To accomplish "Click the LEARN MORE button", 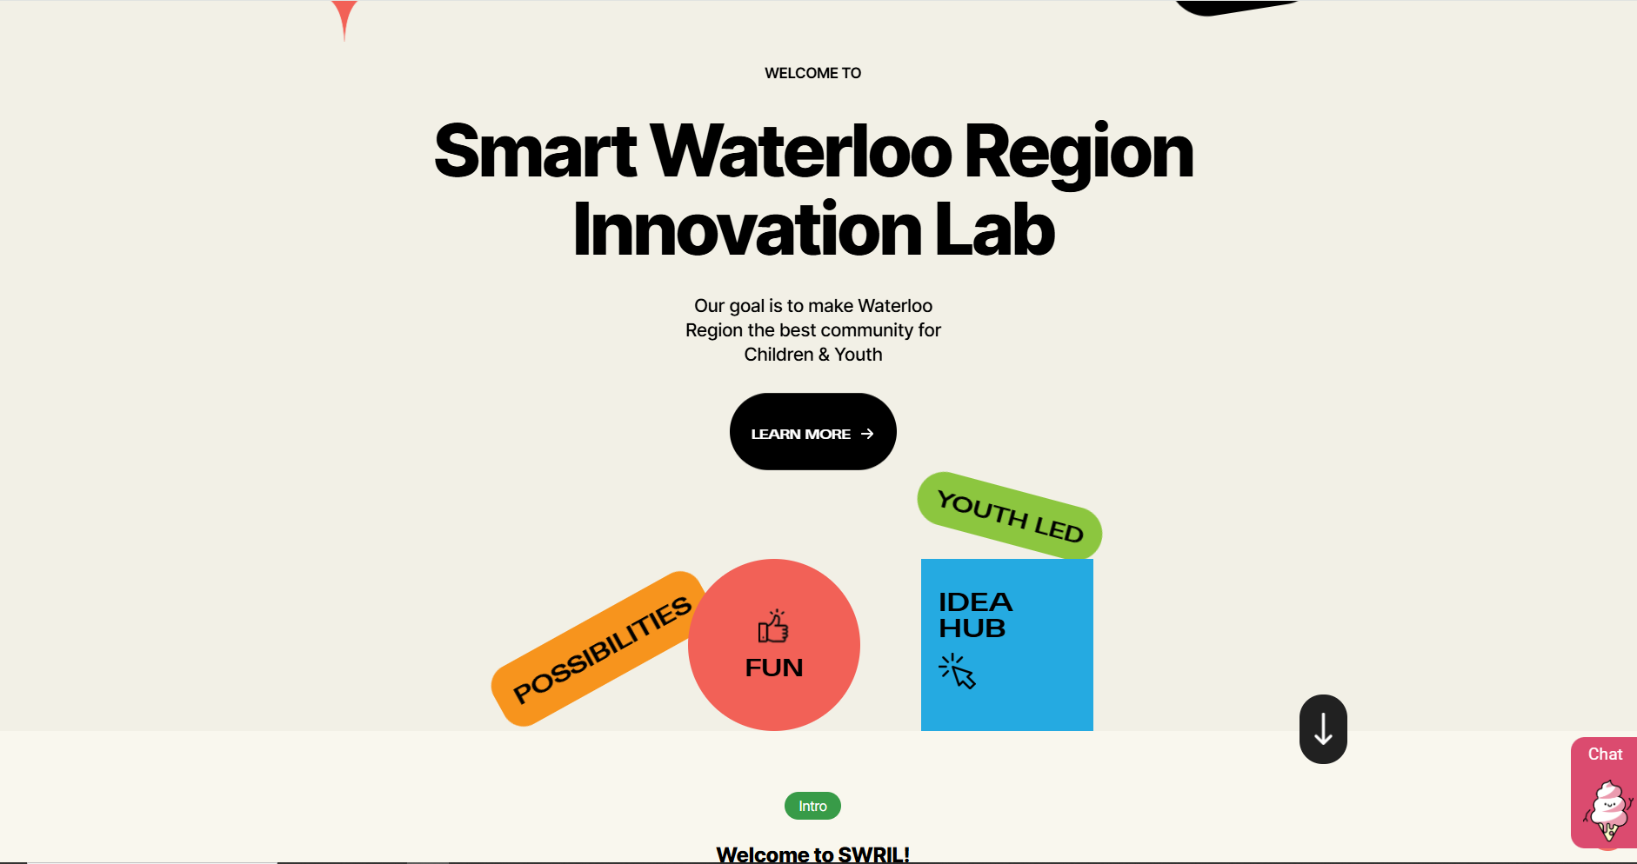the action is click(812, 431).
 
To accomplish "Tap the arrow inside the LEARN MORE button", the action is click(867, 434).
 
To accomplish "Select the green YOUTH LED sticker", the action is click(1010, 515).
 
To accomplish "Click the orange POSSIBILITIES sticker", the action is click(601, 648).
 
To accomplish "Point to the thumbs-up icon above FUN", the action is click(773, 626).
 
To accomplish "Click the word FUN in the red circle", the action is click(774, 668).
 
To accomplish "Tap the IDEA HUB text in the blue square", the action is click(975, 615).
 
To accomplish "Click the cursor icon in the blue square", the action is click(958, 671).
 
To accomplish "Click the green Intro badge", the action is click(812, 806).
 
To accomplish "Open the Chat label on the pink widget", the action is click(1605, 754).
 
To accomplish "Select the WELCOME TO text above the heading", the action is click(812, 73).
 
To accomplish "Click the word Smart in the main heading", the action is click(536, 151).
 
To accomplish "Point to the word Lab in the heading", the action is click(995, 229).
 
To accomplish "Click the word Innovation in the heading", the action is click(747, 229).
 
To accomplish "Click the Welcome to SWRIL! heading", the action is click(812, 854).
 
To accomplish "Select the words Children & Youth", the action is click(813, 355).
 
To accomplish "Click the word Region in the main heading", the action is click(1079, 153).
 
